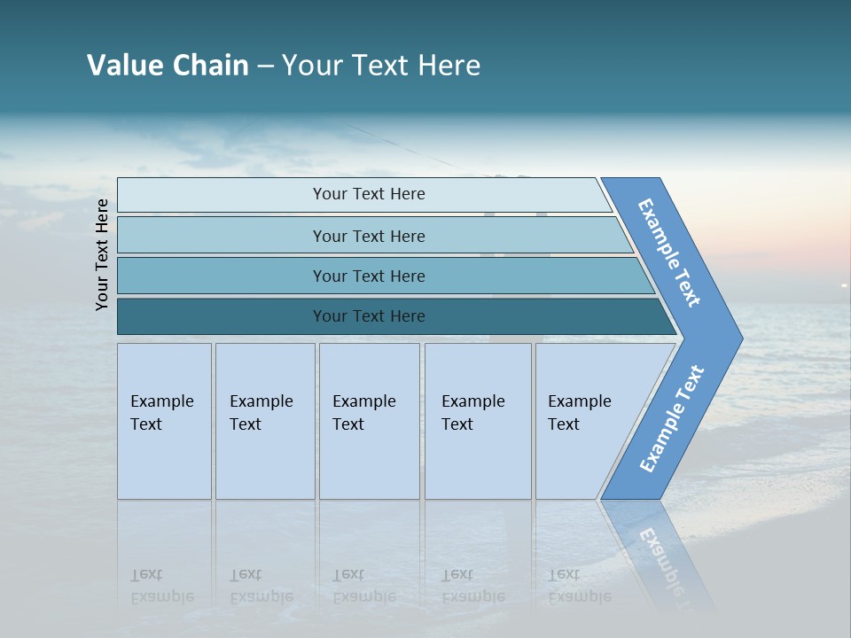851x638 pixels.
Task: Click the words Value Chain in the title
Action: point(168,66)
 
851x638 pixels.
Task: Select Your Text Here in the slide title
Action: point(381,66)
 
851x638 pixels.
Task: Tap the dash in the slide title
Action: point(265,66)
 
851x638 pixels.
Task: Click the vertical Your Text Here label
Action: point(102,254)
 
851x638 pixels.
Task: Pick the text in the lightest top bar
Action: point(369,194)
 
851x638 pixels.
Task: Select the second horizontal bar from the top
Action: point(369,236)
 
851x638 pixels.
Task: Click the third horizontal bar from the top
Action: point(369,276)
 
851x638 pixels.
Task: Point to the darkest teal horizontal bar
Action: point(369,316)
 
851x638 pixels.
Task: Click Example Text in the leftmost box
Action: point(161,413)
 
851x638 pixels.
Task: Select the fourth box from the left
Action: point(477,421)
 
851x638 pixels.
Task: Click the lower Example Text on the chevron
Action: point(672,419)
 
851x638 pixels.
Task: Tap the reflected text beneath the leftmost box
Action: point(161,586)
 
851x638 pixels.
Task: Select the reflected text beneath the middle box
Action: point(363,586)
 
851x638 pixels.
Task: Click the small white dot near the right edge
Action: point(844,284)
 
